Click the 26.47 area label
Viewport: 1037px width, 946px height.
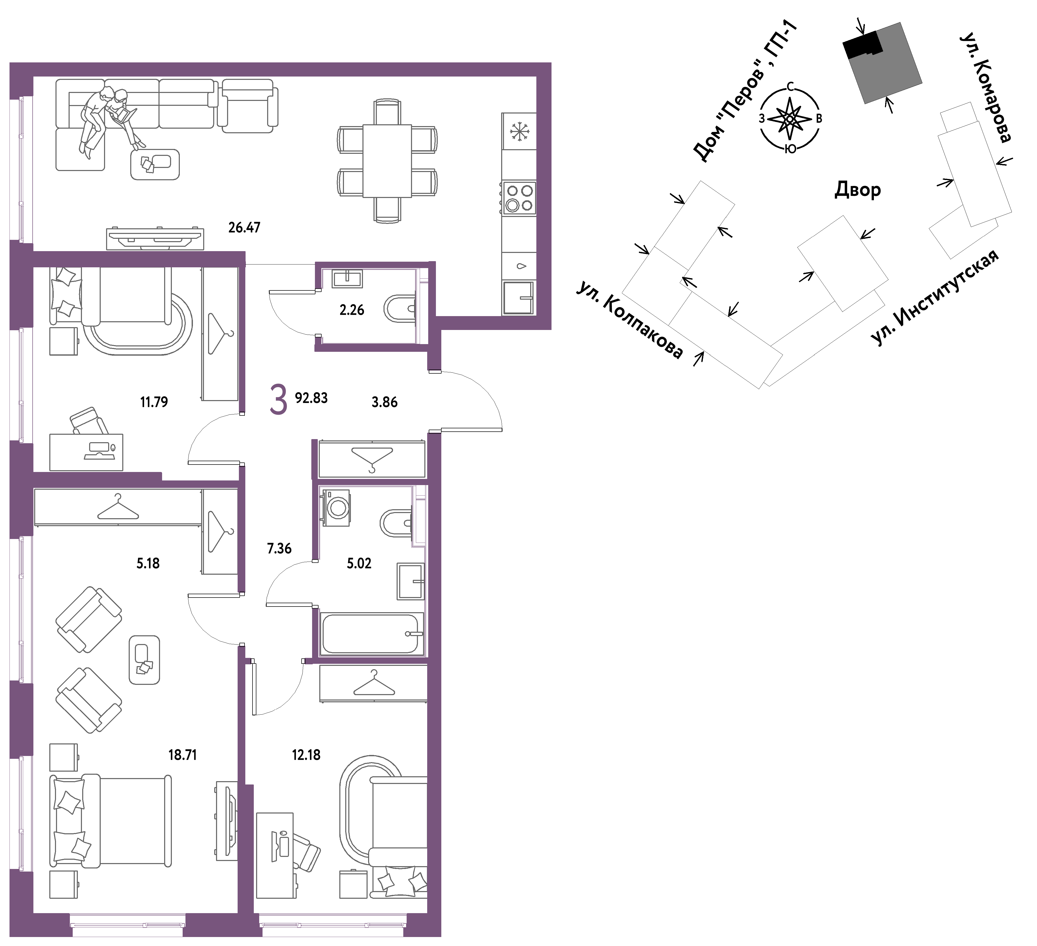coord(244,227)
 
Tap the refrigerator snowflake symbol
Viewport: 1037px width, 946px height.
coord(520,132)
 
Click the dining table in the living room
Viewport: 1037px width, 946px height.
coord(387,160)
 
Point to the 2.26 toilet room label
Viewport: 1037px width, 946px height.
coord(352,310)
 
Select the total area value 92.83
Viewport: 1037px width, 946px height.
coord(311,398)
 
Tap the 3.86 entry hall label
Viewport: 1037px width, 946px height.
coord(385,402)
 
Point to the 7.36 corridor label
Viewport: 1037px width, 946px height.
coord(279,548)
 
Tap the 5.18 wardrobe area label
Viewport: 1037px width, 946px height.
coord(148,563)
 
